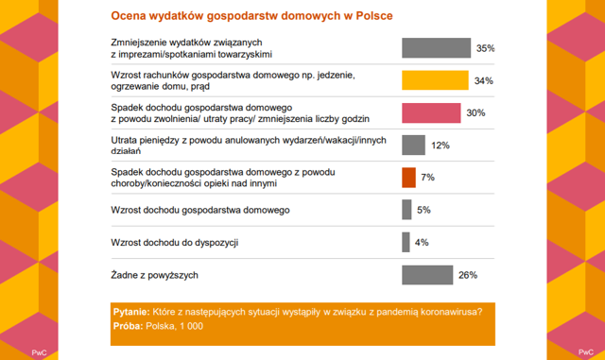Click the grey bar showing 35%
click(x=436, y=48)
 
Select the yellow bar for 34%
click(x=435, y=80)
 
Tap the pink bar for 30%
click(x=431, y=112)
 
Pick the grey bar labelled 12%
click(x=413, y=146)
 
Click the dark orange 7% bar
click(x=408, y=178)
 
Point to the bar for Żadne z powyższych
click(x=427, y=275)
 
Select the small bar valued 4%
click(x=406, y=242)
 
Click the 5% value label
click(x=423, y=210)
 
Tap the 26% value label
click(x=468, y=275)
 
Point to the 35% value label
click(x=485, y=48)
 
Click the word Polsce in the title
click(x=374, y=16)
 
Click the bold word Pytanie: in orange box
click(x=131, y=312)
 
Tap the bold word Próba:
click(x=129, y=326)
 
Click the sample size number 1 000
click(x=191, y=326)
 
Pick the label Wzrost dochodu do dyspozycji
click(x=175, y=243)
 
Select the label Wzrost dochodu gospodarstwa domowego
click(x=200, y=210)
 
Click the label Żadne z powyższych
click(x=154, y=275)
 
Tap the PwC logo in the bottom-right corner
click(x=586, y=351)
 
